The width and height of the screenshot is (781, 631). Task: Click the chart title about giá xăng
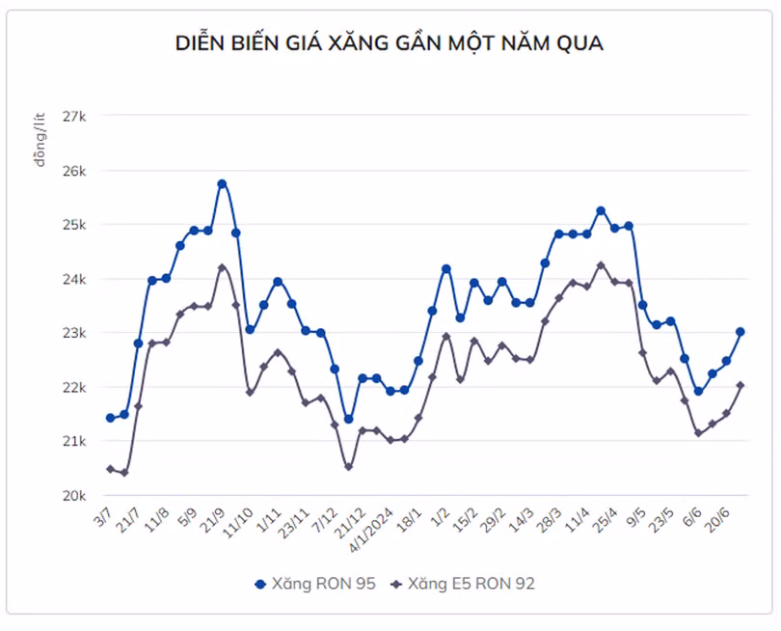click(390, 43)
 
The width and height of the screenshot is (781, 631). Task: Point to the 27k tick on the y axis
click(74, 116)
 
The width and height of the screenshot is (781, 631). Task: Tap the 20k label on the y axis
click(74, 495)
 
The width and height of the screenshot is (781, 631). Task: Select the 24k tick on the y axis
click(74, 279)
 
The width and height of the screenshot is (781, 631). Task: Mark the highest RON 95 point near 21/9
click(222, 183)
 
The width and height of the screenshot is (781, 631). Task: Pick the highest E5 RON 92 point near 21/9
click(222, 267)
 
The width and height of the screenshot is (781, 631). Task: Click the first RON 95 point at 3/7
click(110, 418)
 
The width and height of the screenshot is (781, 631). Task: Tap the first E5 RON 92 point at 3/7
click(110, 469)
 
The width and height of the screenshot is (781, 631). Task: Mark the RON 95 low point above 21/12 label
click(348, 420)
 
